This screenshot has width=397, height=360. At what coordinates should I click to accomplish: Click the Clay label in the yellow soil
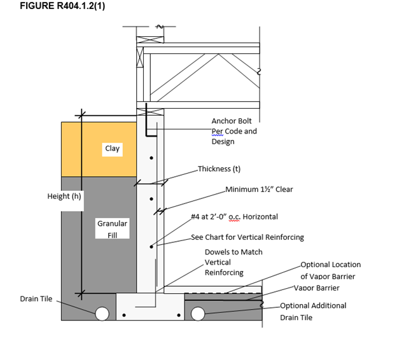click(112, 148)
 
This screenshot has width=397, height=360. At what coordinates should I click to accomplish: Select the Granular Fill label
click(112, 229)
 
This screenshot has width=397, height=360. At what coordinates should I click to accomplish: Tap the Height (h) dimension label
click(64, 196)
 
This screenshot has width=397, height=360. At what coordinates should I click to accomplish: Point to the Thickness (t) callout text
click(219, 169)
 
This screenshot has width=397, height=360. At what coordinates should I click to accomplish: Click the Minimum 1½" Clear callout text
click(259, 189)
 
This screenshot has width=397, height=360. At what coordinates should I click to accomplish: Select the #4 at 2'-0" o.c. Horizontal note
click(234, 217)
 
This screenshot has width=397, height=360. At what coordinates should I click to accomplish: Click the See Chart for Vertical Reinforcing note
click(247, 237)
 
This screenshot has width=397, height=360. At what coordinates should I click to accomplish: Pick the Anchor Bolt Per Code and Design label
click(233, 131)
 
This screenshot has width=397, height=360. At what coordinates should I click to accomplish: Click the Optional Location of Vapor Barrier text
click(330, 270)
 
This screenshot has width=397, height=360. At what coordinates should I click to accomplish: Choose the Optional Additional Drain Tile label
click(313, 311)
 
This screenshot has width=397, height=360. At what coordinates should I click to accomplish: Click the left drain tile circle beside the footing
click(102, 313)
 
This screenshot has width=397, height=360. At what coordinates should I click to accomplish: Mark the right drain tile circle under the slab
click(197, 313)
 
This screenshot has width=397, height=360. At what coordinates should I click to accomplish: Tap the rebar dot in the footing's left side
click(124, 314)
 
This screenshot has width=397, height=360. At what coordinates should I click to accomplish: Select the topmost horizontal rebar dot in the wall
click(151, 158)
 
